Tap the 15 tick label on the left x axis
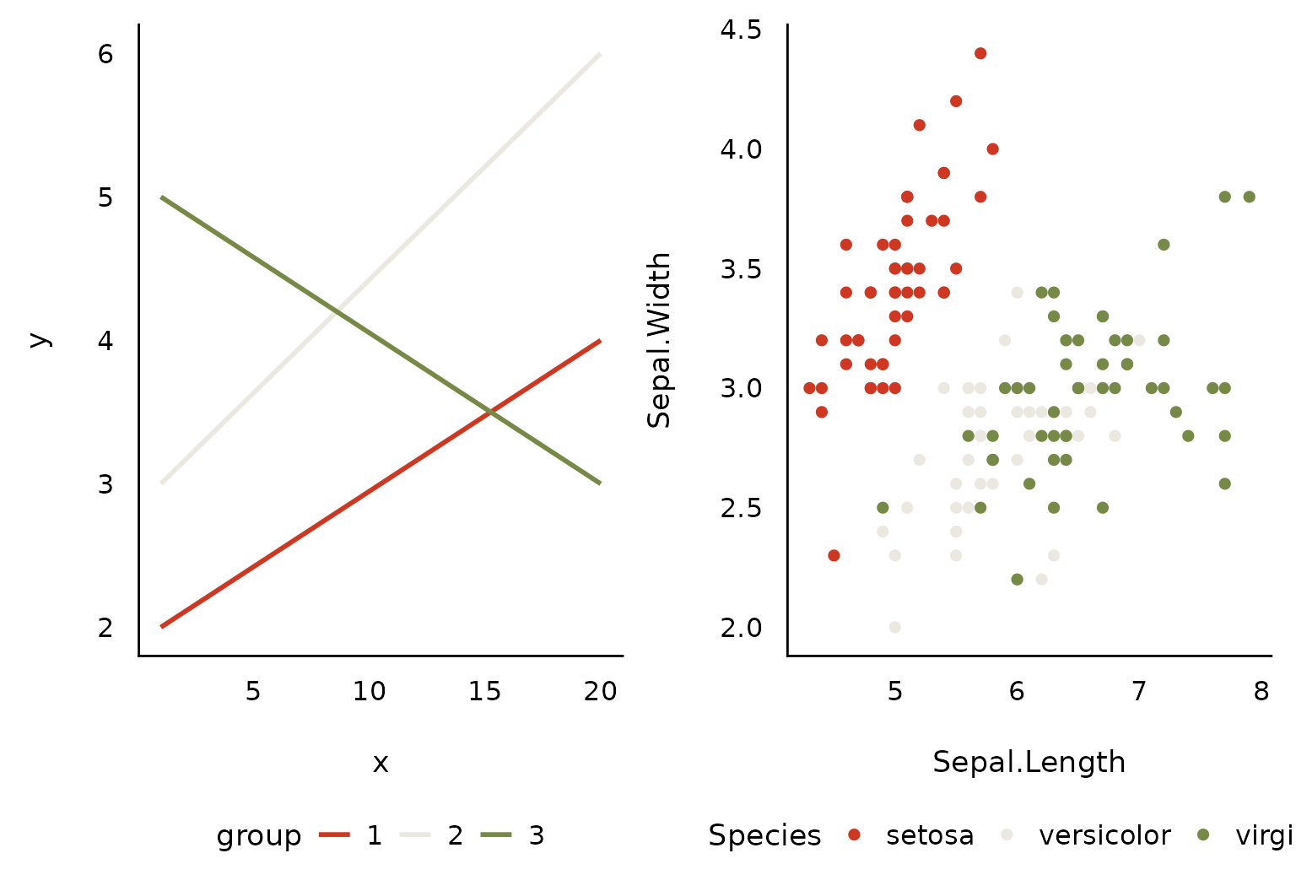[x=484, y=692]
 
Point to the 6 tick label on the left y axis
[x=105, y=55]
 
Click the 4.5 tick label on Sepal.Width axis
[x=741, y=30]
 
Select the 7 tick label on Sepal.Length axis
[x=1139, y=692]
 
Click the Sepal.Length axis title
[x=1029, y=763]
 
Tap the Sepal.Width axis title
[x=660, y=340]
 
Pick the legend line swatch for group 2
[x=415, y=835]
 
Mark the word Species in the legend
[x=764, y=836]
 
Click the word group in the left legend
[x=259, y=836]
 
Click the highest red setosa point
[x=980, y=53]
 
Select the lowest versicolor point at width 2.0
[x=895, y=627]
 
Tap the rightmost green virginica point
[x=1250, y=197]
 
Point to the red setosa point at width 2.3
[x=834, y=555]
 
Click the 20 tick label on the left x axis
[x=601, y=692]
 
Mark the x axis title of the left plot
[x=381, y=764]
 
